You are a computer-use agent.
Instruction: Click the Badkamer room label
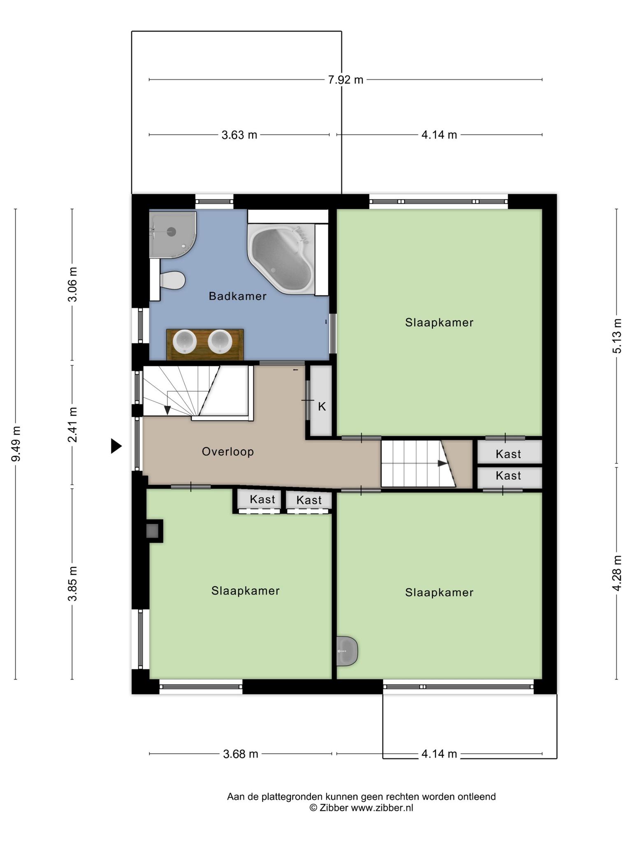tap(237, 296)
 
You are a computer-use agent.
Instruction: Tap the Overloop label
tap(228, 452)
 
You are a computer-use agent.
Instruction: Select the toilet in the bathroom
tap(172, 280)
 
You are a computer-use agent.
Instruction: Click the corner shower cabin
tap(172, 234)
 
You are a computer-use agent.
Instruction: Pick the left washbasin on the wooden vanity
tap(185, 342)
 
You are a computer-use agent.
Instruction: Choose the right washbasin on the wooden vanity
tap(220, 342)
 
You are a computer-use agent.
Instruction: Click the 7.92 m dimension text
tap(346, 80)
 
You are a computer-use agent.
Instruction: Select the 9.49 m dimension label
tap(16, 444)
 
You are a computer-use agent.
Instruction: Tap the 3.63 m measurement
tap(239, 135)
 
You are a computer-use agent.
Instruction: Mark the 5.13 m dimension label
tap(617, 336)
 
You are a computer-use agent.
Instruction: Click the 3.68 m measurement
tap(241, 754)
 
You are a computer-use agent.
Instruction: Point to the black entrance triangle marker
tap(116, 446)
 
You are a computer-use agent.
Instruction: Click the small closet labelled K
tap(321, 401)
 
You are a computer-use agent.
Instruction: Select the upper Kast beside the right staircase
tap(509, 452)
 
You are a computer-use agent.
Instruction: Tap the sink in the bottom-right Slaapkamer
tap(347, 651)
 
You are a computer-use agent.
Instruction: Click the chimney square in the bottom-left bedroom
tap(152, 531)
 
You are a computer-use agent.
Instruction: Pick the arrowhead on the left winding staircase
tap(167, 410)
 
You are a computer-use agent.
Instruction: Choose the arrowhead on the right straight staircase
tap(443, 463)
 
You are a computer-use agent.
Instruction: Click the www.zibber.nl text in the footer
tap(382, 808)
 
